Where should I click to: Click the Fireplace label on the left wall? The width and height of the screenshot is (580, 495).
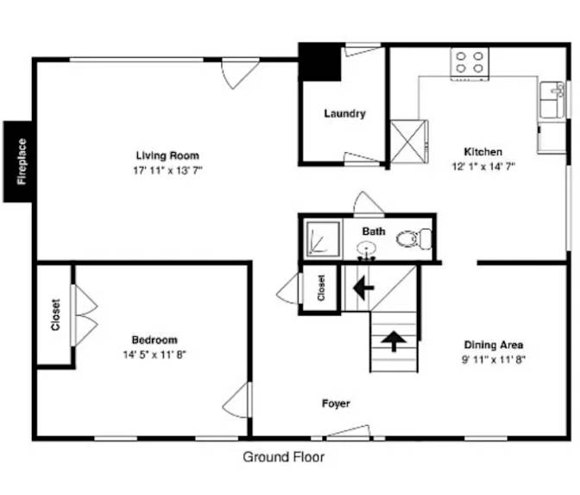tap(22, 162)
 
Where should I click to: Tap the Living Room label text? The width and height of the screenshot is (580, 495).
tap(167, 155)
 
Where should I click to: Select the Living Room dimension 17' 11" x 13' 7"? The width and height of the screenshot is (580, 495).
tap(168, 170)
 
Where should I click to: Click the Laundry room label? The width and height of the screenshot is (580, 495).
tap(344, 113)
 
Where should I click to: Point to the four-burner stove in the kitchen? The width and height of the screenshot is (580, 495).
tap(470, 64)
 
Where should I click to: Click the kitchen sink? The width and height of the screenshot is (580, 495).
tap(552, 100)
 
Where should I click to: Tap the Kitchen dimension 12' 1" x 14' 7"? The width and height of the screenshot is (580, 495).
tap(483, 167)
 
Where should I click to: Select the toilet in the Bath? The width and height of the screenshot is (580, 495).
tap(414, 238)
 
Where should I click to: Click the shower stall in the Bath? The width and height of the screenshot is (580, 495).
tap(324, 239)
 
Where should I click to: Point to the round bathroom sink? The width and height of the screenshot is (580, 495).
tap(366, 249)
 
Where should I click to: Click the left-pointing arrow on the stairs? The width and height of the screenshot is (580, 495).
tap(363, 288)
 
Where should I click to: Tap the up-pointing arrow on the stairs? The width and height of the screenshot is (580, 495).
tap(394, 341)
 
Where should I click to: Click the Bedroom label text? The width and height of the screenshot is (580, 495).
tap(154, 340)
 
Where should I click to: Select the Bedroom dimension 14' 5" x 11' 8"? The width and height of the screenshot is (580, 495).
tap(154, 355)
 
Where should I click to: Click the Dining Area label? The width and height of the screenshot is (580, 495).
tap(494, 345)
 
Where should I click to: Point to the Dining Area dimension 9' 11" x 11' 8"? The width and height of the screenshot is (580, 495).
tap(494, 359)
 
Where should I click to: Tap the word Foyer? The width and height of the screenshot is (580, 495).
tap(336, 403)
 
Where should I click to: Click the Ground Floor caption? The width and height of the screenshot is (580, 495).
tap(283, 457)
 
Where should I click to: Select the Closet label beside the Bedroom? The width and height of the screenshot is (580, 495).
tap(55, 314)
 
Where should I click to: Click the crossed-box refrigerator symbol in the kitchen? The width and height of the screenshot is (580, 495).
tap(409, 141)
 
